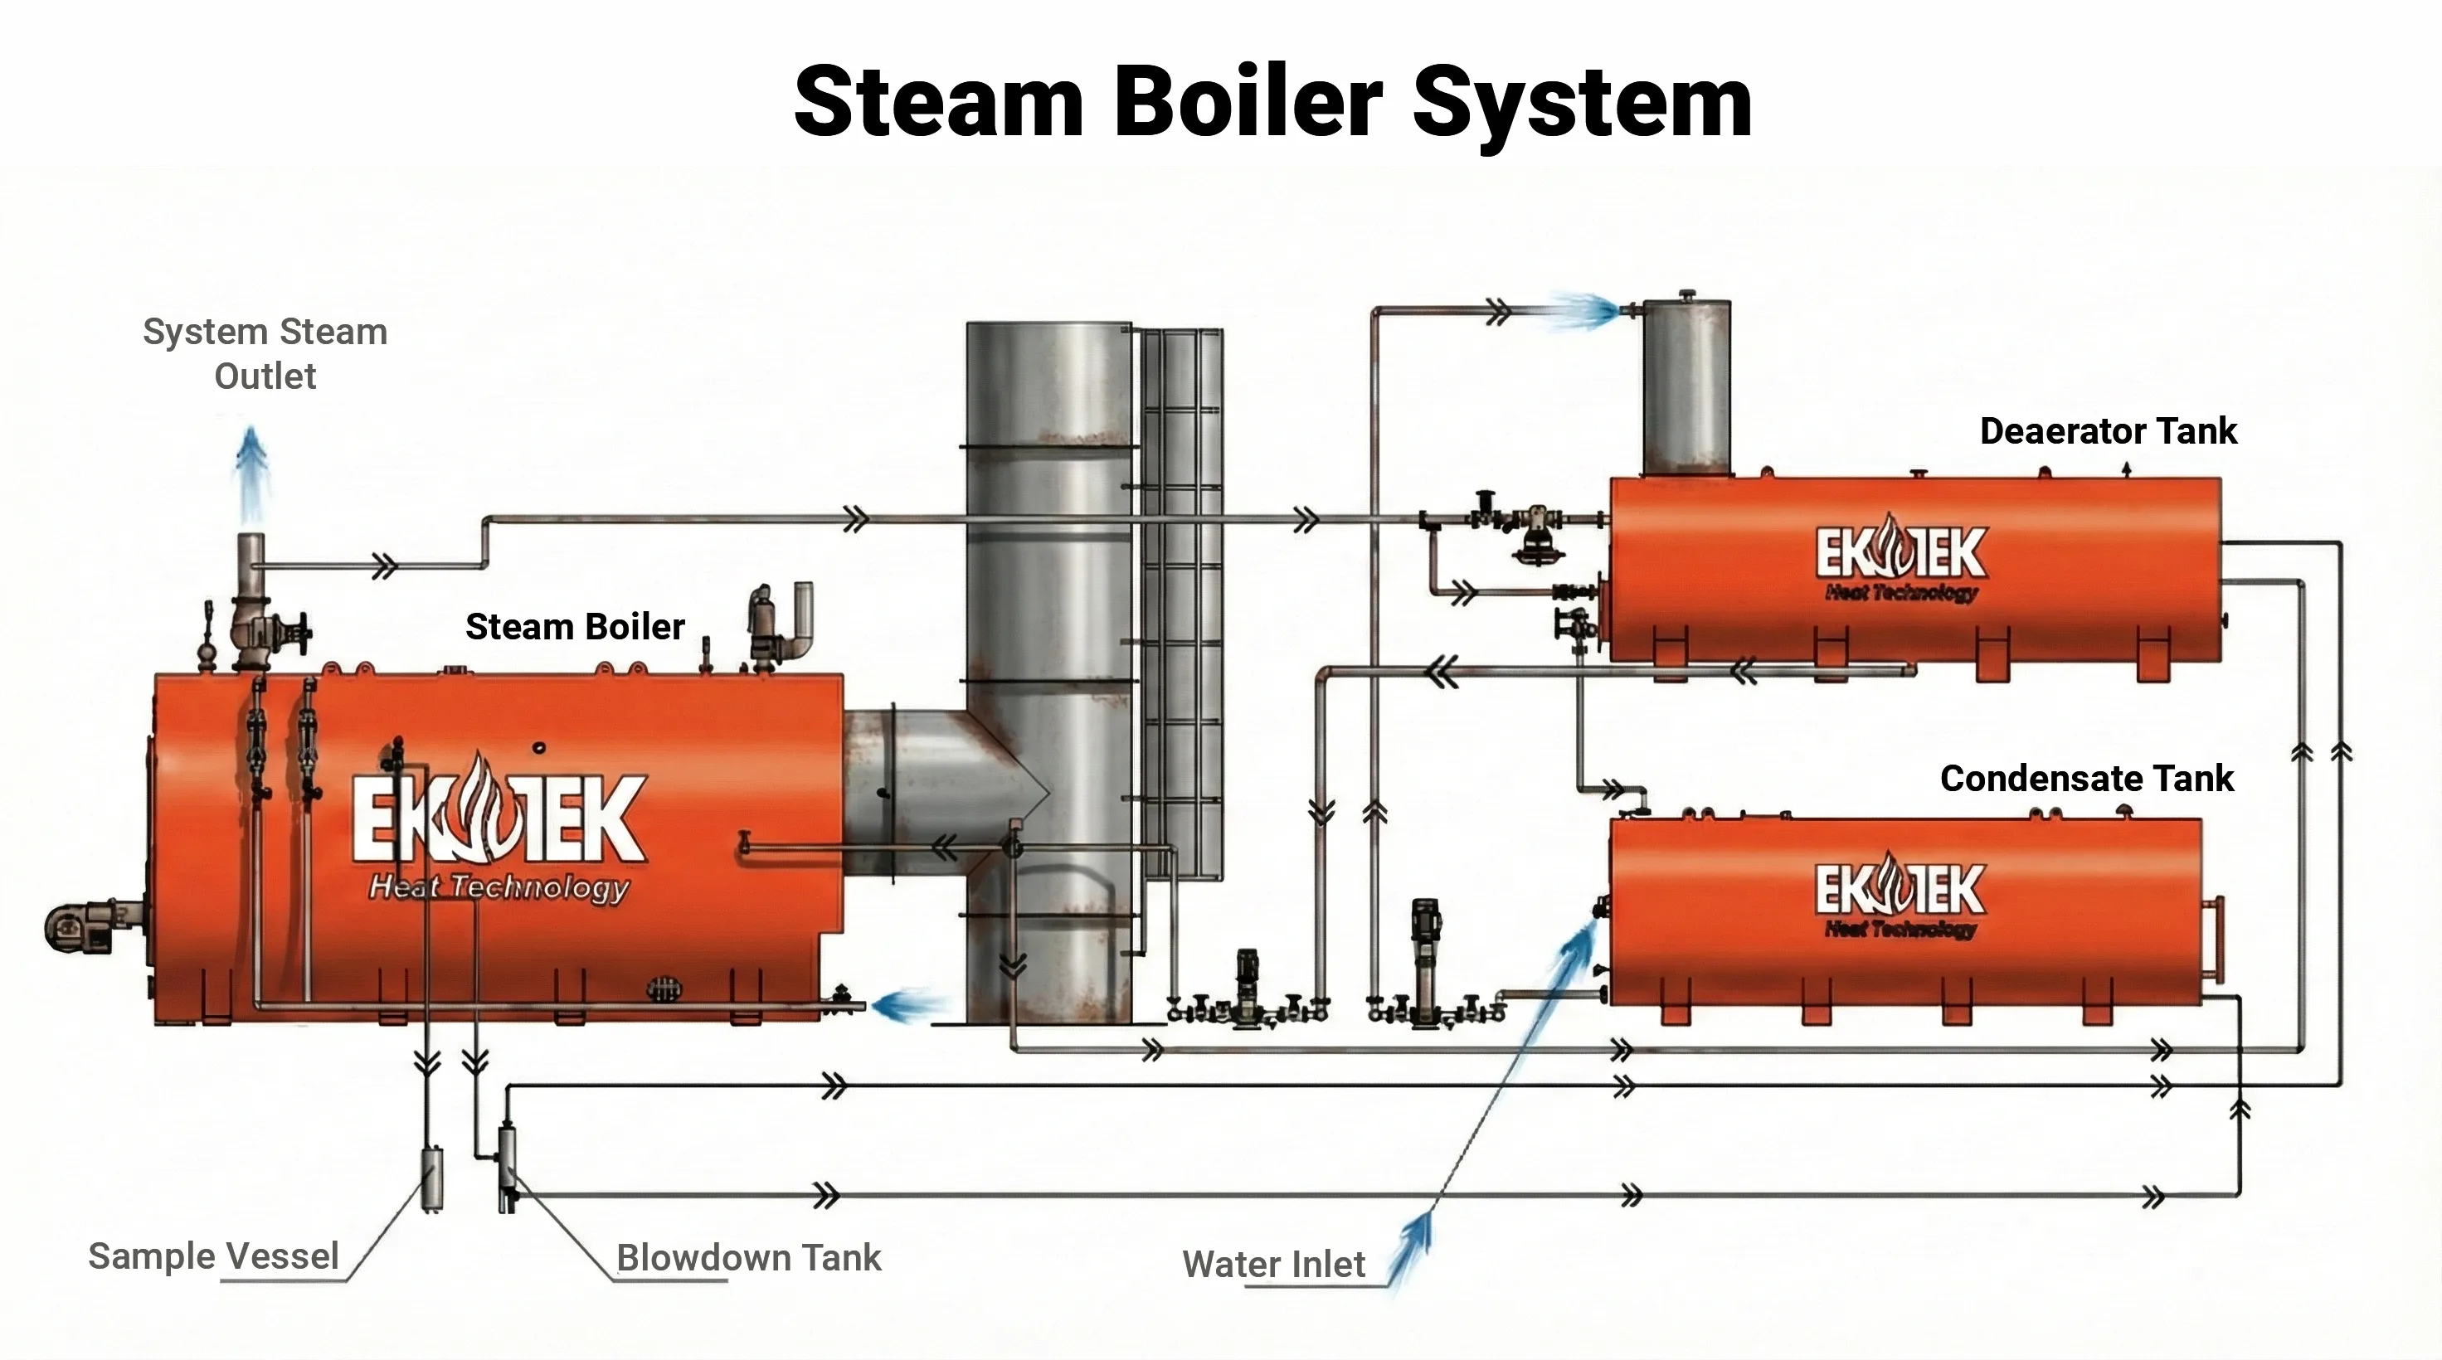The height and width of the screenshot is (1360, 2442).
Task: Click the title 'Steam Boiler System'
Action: click(1272, 101)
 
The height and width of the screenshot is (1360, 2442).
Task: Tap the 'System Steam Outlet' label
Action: click(265, 353)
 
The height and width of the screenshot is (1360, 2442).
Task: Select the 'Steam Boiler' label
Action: click(575, 626)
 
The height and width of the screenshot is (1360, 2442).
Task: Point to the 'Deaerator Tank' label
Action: click(2108, 431)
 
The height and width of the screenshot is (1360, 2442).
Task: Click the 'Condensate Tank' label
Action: click(2085, 778)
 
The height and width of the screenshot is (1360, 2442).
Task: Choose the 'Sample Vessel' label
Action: click(213, 1256)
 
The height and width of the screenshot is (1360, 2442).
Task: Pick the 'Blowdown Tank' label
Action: click(748, 1258)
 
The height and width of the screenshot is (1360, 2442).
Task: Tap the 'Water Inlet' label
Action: click(1273, 1265)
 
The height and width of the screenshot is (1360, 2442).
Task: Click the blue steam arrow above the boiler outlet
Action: click(251, 474)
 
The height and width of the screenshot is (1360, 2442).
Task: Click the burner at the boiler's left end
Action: click(80, 927)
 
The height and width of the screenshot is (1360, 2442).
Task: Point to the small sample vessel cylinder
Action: click(432, 1178)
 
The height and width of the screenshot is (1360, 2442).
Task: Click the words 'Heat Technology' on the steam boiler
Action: click(499, 887)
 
